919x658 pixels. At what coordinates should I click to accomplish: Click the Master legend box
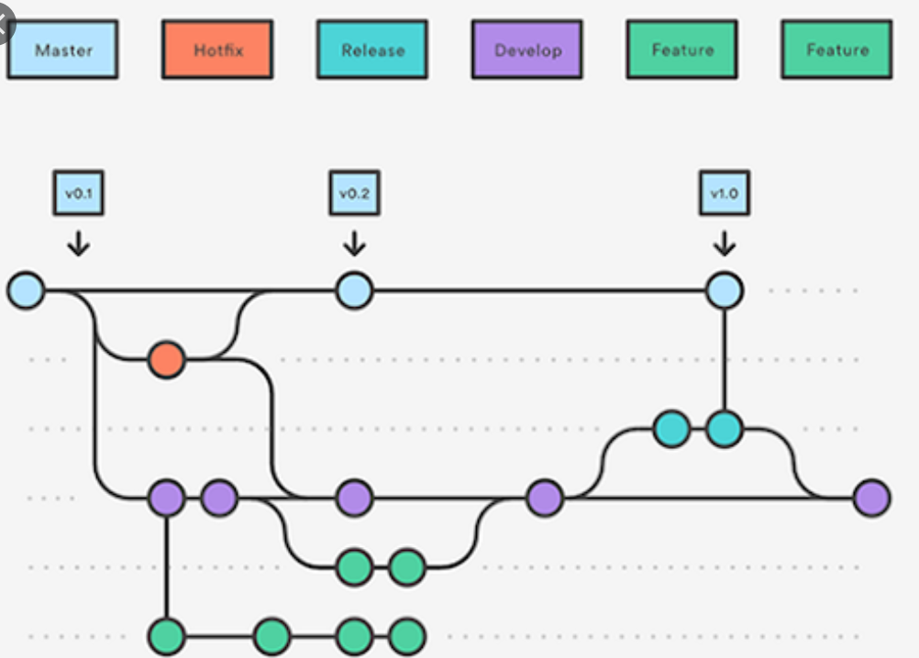pyautogui.click(x=62, y=50)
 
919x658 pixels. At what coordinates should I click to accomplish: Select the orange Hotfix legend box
pyautogui.click(x=217, y=50)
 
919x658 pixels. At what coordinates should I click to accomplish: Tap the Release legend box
pyautogui.click(x=372, y=50)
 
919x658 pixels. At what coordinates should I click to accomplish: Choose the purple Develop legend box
pyautogui.click(x=527, y=50)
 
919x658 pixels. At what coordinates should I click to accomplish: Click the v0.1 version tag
pyautogui.click(x=78, y=194)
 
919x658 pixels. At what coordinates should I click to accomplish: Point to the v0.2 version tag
pyautogui.click(x=354, y=194)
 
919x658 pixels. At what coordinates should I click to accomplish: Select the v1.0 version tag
pyautogui.click(x=724, y=194)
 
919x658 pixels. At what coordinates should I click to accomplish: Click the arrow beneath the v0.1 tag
pyautogui.click(x=79, y=243)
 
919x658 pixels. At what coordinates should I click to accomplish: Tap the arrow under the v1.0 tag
pyautogui.click(x=724, y=243)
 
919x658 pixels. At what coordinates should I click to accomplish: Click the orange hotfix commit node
pyautogui.click(x=166, y=360)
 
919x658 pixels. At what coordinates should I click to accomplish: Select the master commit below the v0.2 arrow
pyautogui.click(x=354, y=291)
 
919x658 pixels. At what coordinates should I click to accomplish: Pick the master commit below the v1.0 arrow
pyautogui.click(x=724, y=291)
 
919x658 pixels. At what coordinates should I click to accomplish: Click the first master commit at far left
pyautogui.click(x=26, y=291)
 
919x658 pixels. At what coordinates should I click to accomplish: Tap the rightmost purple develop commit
pyautogui.click(x=871, y=499)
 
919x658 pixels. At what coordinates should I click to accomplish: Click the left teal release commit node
pyautogui.click(x=671, y=429)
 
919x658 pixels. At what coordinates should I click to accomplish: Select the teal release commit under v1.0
pyautogui.click(x=724, y=429)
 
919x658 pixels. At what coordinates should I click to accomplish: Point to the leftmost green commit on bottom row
pyautogui.click(x=166, y=635)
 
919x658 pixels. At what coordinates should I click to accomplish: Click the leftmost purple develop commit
pyautogui.click(x=166, y=499)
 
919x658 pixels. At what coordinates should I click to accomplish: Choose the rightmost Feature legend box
pyautogui.click(x=836, y=50)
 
